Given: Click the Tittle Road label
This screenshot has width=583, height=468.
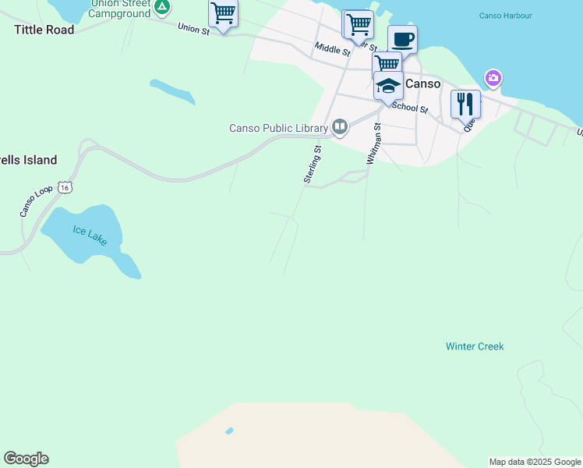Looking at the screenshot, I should point(44,30).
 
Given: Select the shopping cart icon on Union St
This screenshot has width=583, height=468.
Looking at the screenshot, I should point(223,13).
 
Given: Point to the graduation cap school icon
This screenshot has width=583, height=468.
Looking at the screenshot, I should point(388,85).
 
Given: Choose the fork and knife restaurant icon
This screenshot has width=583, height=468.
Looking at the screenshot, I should point(465,104).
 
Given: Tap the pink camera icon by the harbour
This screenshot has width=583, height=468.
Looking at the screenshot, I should point(493,78).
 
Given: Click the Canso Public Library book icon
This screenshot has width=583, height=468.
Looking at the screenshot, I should point(339,126).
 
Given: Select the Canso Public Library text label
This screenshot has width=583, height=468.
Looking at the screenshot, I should point(277,128).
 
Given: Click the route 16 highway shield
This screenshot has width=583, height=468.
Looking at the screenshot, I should point(66,187).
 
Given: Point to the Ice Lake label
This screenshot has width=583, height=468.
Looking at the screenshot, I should point(90,235).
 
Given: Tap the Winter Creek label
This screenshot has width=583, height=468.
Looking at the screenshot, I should point(475,346).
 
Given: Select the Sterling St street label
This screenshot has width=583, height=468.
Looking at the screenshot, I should point(313,164).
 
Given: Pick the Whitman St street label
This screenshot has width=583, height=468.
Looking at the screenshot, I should point(372,144).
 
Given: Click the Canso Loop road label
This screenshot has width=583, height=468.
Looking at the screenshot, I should point(34,200).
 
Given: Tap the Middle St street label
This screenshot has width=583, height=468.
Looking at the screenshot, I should point(333,49).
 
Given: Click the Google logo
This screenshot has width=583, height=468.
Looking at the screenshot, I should point(26,459).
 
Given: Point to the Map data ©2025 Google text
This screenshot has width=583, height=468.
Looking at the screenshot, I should point(535,462).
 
